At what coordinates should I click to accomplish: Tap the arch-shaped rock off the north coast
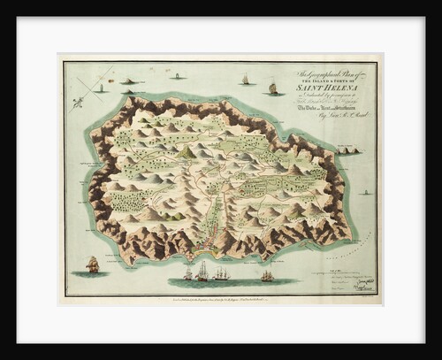pyautogui.click(x=131, y=81)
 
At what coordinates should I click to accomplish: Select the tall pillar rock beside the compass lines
pyautogui.click(x=100, y=88)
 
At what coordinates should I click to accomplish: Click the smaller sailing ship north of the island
pyautogui.click(x=245, y=80)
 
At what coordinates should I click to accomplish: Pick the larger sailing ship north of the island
pyautogui.click(x=273, y=88)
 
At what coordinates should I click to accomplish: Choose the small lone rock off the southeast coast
pyautogui.click(x=364, y=192)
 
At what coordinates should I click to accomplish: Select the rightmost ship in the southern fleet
pyautogui.click(x=266, y=276)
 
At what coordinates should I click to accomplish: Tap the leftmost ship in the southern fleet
pyautogui.click(x=187, y=275)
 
